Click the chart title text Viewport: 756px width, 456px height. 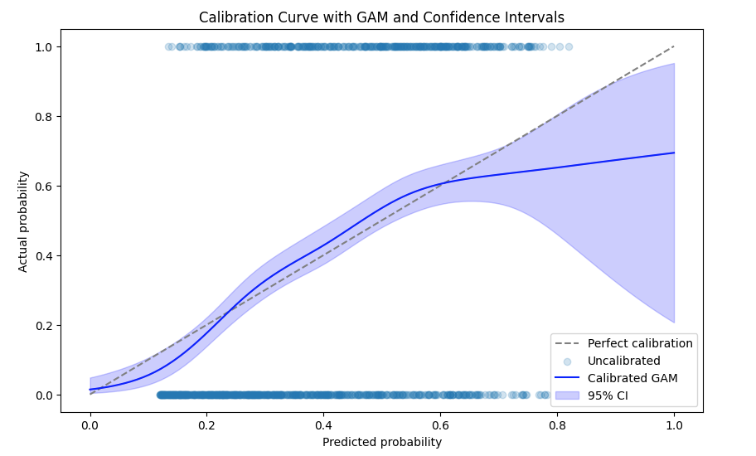382,17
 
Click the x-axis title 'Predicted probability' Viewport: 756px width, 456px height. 382,442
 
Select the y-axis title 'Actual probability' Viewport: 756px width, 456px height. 24,221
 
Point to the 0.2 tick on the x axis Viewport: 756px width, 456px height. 206,424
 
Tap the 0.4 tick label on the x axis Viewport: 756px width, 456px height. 323,424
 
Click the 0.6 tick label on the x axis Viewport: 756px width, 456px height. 440,424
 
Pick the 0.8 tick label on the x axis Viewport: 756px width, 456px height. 557,424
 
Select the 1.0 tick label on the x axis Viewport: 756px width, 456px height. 674,424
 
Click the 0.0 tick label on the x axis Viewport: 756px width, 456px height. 90,424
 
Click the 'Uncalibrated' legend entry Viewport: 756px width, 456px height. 623,361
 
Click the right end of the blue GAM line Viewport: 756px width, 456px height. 674,153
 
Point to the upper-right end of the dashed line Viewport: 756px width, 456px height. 674,46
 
